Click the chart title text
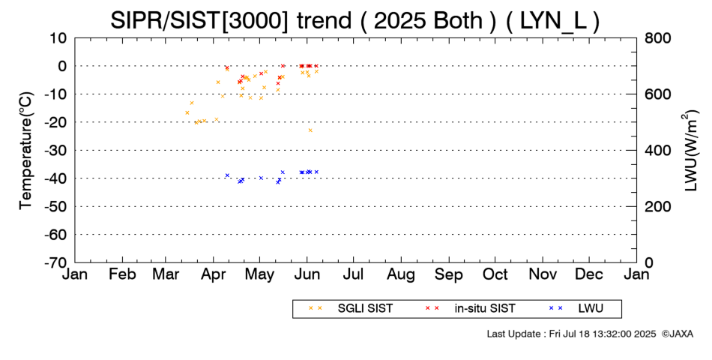pos(355,20)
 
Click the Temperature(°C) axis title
pos(26,151)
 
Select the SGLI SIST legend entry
pos(351,309)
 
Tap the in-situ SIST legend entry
pos(470,309)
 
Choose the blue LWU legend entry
pos(576,309)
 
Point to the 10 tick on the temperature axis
pos(58,38)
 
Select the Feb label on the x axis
pos(123,274)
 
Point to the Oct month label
pos(495,274)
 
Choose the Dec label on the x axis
pos(589,274)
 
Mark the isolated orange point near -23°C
pos(310,130)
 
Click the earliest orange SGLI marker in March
pos(187,112)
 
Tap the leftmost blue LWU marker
pos(228,175)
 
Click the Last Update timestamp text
pos(571,334)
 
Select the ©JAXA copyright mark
pos(678,334)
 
